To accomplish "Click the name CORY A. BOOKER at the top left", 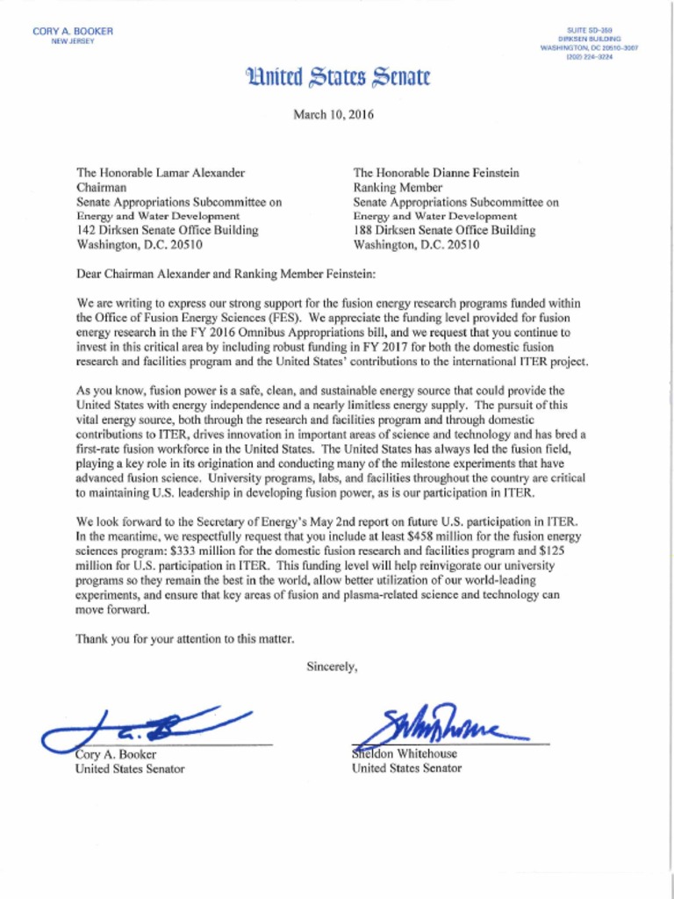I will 73,32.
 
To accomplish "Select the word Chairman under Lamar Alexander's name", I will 102,188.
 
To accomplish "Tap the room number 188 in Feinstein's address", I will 363,230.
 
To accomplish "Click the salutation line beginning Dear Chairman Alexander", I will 226,274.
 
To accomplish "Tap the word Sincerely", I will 332,666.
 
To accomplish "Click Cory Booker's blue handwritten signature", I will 149,725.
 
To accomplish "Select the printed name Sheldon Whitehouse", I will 405,753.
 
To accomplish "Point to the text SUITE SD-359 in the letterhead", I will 594,30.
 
